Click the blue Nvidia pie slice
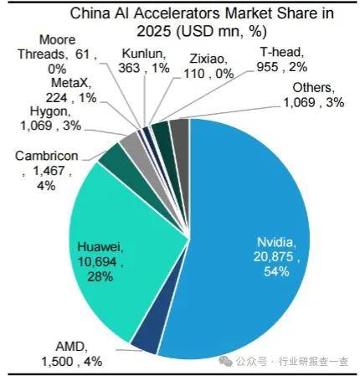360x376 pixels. coord(251,209)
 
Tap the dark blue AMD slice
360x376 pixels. coord(145,335)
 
